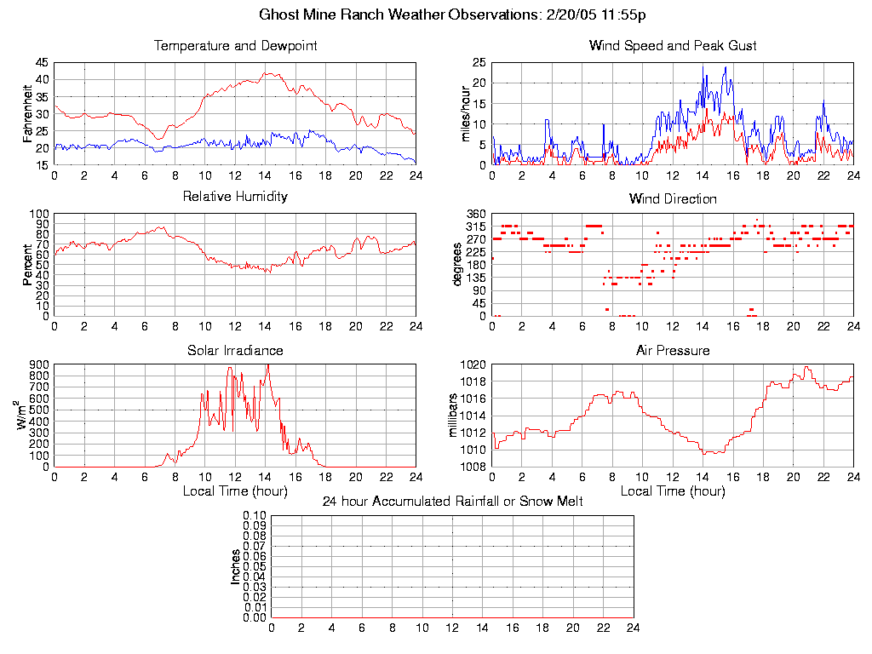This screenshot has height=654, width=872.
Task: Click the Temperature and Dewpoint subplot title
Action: tap(235, 46)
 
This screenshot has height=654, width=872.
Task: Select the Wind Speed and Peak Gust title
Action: tap(673, 46)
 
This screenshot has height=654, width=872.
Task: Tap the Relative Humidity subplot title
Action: tap(235, 197)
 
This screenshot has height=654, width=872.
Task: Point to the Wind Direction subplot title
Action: tap(673, 199)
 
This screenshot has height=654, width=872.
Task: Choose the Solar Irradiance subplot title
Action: tap(235, 351)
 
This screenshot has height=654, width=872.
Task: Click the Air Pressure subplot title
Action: tap(673, 351)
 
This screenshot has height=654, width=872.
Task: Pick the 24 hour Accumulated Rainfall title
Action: tap(452, 502)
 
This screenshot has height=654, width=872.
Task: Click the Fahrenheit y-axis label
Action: tap(29, 113)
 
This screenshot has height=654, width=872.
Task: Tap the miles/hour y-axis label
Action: tap(466, 113)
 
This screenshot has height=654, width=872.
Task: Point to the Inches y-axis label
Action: tap(236, 566)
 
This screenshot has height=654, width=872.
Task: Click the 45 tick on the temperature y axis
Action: tap(42, 63)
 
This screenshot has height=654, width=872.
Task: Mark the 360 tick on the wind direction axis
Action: tap(475, 214)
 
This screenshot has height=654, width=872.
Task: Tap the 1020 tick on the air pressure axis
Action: tap(473, 364)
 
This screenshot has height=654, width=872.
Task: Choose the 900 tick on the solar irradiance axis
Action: tap(39, 364)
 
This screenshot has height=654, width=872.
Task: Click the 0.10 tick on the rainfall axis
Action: tap(255, 515)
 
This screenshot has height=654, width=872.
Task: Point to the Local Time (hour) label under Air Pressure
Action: tap(673, 491)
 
